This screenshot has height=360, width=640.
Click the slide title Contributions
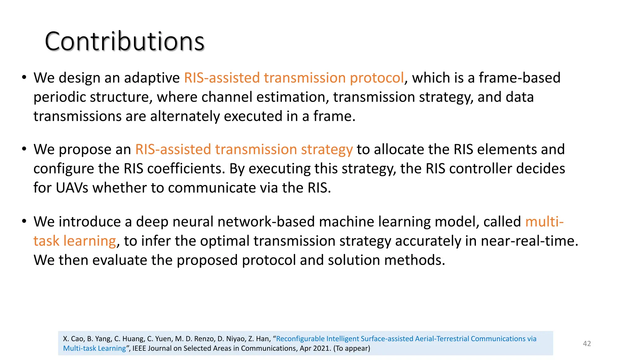click(124, 41)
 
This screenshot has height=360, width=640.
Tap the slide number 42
click(587, 343)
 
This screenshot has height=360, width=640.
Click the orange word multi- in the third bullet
click(544, 222)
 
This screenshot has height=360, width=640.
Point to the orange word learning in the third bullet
click(90, 241)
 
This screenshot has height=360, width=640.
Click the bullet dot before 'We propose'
click(24, 149)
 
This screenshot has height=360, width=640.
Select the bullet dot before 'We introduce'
click(24, 221)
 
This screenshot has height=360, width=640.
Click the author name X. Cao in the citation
click(73, 339)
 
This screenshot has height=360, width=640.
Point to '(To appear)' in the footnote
click(352, 348)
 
